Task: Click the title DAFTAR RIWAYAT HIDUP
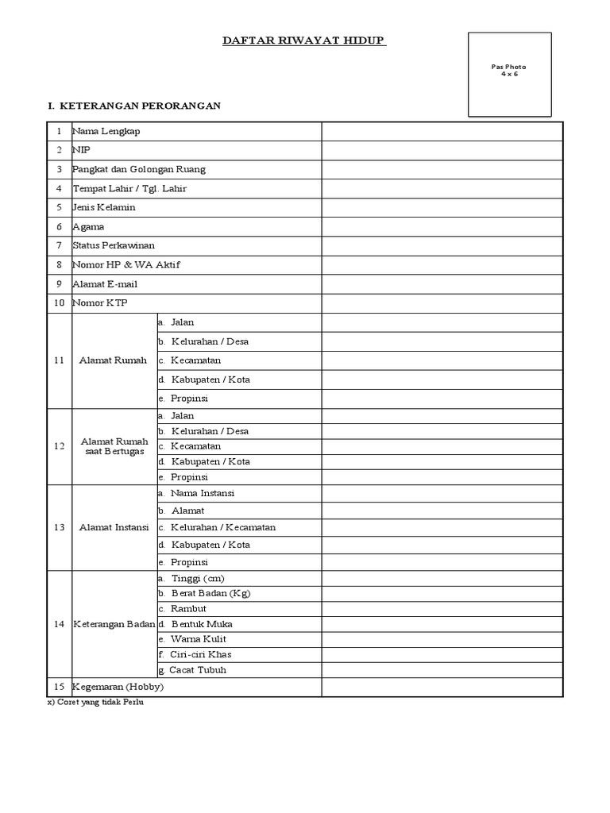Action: [x=304, y=40]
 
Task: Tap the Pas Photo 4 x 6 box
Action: [x=509, y=74]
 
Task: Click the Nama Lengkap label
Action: [x=106, y=131]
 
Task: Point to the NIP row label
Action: [x=81, y=150]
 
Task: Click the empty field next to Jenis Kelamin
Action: [x=442, y=207]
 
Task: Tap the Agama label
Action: [x=88, y=226]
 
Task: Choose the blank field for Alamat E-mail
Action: [x=442, y=283]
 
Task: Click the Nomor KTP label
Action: [x=100, y=302]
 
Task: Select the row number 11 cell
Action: [x=59, y=360]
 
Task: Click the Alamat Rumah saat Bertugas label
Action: [x=114, y=446]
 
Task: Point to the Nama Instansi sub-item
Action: [x=202, y=493]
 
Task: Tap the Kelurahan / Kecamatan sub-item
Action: [x=222, y=527]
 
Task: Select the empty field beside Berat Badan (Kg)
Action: [x=442, y=593]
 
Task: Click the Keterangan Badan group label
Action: [x=114, y=624]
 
